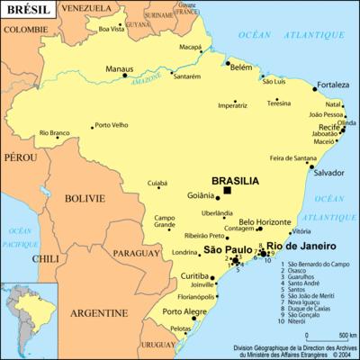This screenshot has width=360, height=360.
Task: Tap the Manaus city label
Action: click(120, 67)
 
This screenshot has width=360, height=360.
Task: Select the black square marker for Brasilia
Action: click(228, 190)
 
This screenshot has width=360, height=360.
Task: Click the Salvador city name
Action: click(328, 172)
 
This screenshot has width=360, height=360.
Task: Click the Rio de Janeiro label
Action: click(301, 246)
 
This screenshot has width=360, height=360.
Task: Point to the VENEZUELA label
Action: click(88, 8)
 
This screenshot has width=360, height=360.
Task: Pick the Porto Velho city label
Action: click(112, 125)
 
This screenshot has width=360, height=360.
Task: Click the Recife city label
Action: click(327, 128)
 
